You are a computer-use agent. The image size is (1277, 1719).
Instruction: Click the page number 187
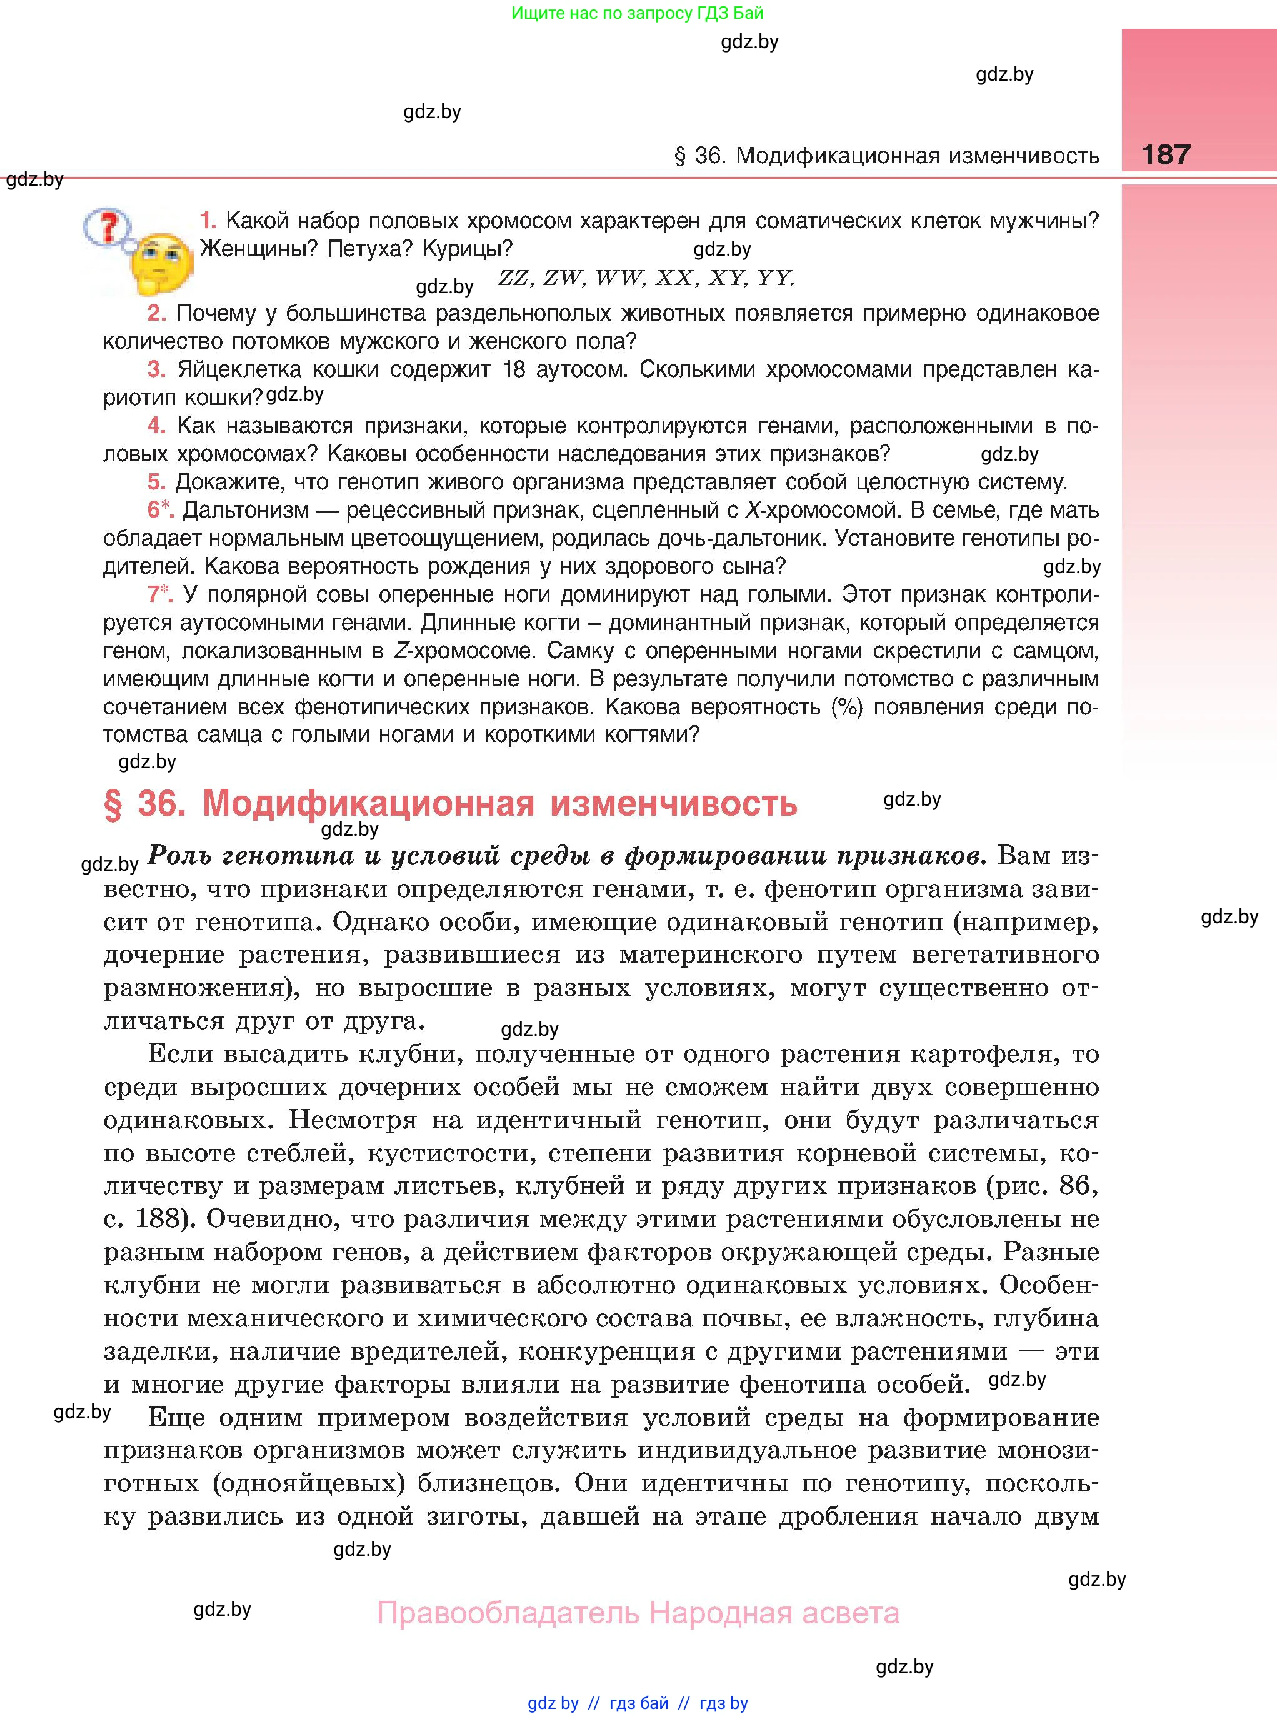point(1166,154)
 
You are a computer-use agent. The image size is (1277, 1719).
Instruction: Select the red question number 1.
point(207,221)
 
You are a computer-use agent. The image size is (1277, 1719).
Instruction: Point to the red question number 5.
point(156,483)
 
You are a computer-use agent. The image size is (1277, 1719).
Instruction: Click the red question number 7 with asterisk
point(159,594)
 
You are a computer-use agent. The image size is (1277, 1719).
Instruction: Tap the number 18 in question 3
point(514,369)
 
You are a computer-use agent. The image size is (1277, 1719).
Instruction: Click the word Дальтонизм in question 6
point(258,510)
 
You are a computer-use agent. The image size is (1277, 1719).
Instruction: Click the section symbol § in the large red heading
point(113,804)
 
